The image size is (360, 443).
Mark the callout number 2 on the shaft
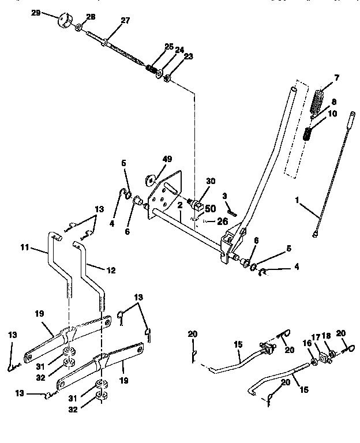pyautogui.click(x=180, y=205)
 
